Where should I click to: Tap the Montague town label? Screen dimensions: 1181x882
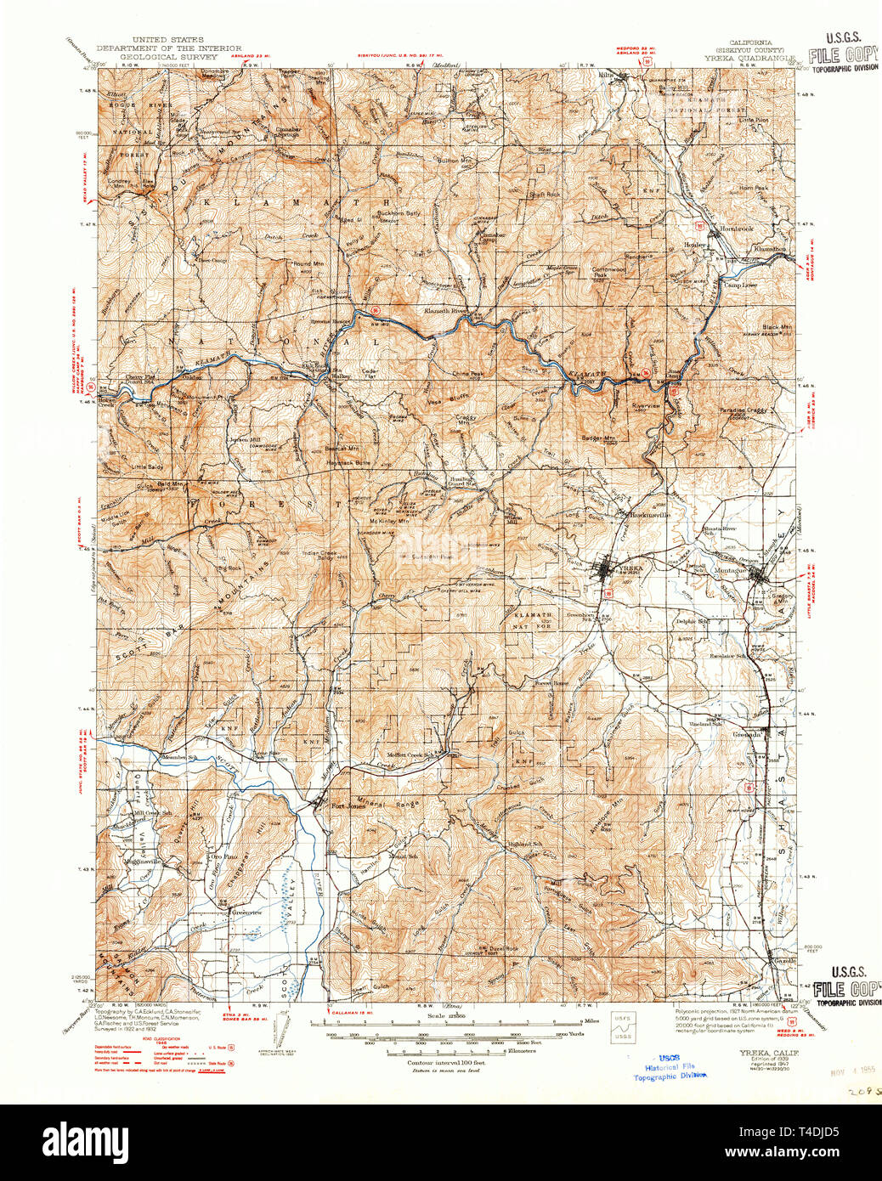coord(730,570)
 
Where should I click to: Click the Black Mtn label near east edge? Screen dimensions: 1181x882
coord(776,327)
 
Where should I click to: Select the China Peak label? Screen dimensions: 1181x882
coord(467,373)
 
